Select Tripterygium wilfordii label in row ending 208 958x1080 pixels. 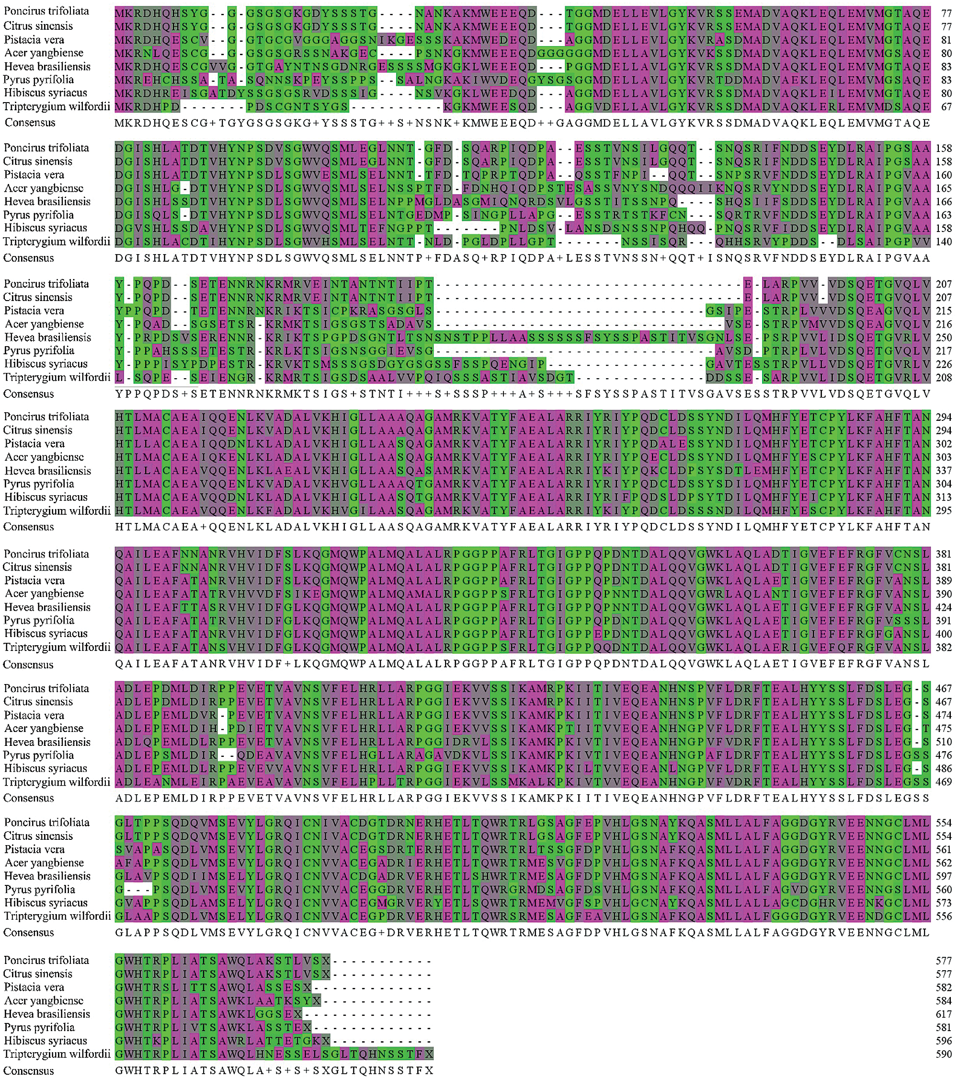tap(57, 377)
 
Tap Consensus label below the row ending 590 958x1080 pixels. tap(29, 1070)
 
